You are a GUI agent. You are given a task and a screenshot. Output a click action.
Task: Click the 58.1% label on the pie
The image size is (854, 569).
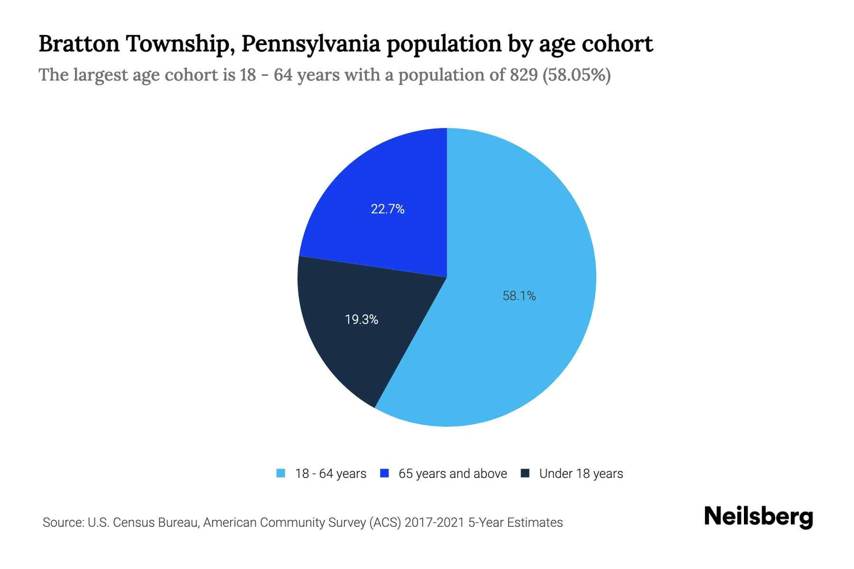(x=519, y=296)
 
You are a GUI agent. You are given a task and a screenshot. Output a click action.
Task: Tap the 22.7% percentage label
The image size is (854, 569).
(x=388, y=209)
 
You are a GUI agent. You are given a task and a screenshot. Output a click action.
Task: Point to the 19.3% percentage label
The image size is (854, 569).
(x=362, y=320)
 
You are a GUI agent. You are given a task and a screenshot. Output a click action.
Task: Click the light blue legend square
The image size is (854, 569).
(x=281, y=473)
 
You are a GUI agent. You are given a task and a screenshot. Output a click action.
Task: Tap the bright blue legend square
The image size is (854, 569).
(x=385, y=473)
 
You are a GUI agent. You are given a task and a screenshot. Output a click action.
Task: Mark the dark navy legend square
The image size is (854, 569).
(x=525, y=473)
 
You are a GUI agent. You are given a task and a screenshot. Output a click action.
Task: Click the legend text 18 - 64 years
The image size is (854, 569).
(x=331, y=474)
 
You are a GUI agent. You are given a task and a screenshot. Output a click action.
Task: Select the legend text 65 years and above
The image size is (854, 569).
(x=453, y=474)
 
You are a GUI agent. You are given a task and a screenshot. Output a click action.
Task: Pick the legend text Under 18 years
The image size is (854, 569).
(x=581, y=474)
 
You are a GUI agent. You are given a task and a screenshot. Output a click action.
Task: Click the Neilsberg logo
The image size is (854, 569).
(x=759, y=517)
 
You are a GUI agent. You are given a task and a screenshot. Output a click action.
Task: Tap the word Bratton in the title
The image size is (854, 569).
(x=79, y=44)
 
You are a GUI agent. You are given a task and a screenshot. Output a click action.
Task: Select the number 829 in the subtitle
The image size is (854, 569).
(x=523, y=75)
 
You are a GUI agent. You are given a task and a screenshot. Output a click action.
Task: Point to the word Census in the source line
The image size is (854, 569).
(x=133, y=523)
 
